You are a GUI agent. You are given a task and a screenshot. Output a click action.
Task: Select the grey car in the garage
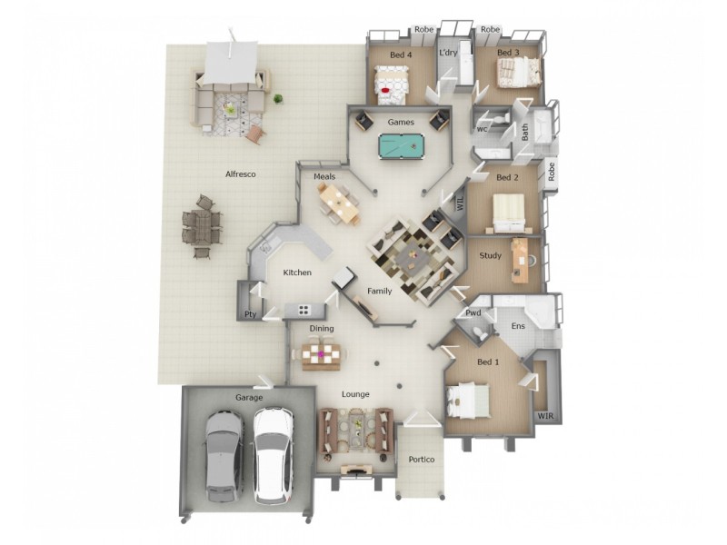[223, 454]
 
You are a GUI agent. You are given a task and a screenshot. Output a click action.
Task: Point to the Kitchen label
[297, 272]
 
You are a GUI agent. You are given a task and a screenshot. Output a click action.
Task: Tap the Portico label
[422, 460]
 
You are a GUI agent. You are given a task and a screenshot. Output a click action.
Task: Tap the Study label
[490, 256]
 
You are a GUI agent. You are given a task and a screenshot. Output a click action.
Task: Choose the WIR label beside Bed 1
[544, 415]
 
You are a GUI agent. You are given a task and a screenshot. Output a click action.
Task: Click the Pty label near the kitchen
[249, 315]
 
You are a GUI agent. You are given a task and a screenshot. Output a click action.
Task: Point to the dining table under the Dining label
[322, 352]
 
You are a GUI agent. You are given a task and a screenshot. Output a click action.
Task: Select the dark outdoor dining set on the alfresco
[202, 227]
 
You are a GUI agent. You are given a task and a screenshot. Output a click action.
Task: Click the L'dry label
[448, 54]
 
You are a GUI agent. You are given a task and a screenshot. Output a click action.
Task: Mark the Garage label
[249, 398]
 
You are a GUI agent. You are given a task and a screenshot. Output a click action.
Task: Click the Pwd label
[473, 313]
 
